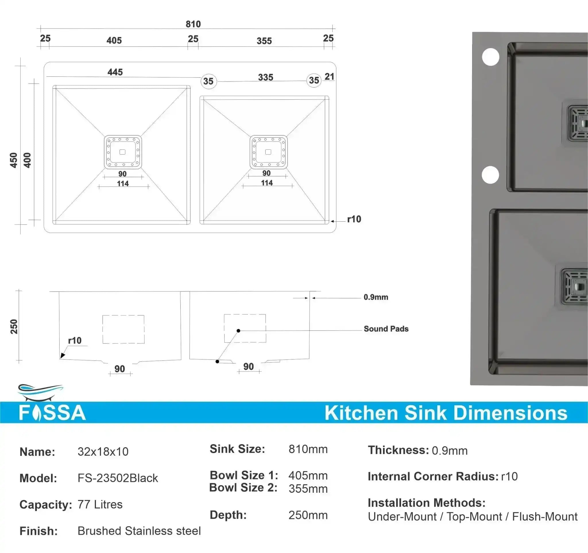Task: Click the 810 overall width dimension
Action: [193, 24]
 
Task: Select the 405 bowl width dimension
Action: [114, 40]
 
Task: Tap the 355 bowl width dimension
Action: [264, 41]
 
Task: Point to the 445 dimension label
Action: [115, 72]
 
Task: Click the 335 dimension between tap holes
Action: [265, 77]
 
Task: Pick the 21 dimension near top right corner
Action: [329, 77]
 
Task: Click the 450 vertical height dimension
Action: [13, 160]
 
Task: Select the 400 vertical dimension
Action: [27, 160]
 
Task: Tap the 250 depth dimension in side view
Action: [14, 326]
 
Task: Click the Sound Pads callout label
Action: [386, 329]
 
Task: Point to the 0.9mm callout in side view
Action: [376, 297]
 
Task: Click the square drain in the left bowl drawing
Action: [122, 152]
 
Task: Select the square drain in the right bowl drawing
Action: [268, 152]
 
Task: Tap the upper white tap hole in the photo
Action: [490, 57]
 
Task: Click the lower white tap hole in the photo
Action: [490, 175]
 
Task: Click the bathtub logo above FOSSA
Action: [40, 392]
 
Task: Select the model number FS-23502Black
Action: [117, 478]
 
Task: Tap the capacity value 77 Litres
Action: [100, 504]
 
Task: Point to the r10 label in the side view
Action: [75, 341]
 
